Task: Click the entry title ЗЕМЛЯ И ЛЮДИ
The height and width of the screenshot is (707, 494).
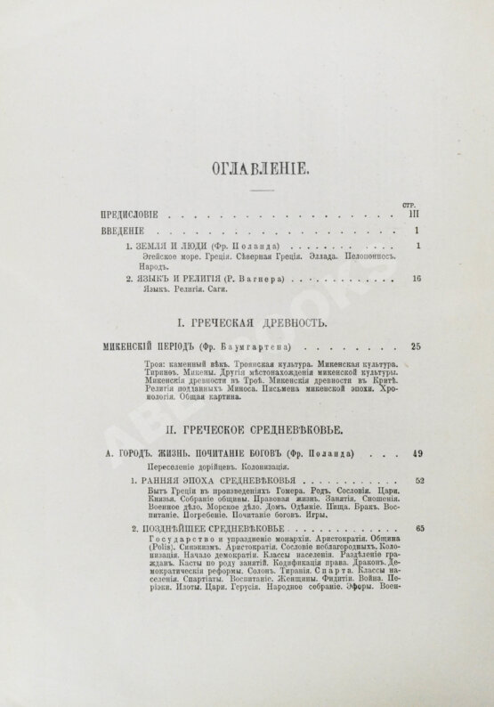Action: (178, 246)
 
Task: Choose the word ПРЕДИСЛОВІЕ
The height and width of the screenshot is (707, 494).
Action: (137, 215)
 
